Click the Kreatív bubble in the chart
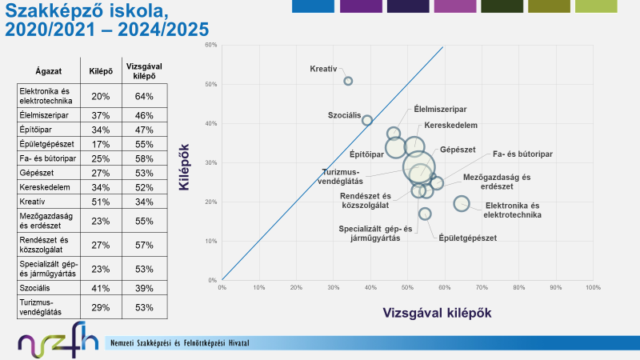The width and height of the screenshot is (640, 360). pos(348,81)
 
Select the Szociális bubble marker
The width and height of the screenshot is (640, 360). pos(367,120)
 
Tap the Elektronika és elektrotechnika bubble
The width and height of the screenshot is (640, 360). pos(462,203)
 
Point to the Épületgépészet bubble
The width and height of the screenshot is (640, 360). pos(425,214)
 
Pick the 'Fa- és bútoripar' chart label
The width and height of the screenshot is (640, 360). pos(523,153)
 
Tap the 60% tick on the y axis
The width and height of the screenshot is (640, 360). pos(212,45)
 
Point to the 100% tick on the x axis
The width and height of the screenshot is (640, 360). pos(593,287)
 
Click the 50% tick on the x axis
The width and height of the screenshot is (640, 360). pos(407,287)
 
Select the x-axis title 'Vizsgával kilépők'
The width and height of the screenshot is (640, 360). pos(437,312)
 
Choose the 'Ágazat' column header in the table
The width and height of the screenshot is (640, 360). pos(49,70)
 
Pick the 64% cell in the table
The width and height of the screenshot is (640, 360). pos(144,96)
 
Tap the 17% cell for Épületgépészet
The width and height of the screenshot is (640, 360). pos(101,143)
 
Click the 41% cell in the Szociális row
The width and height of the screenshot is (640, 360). pos(101,287)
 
